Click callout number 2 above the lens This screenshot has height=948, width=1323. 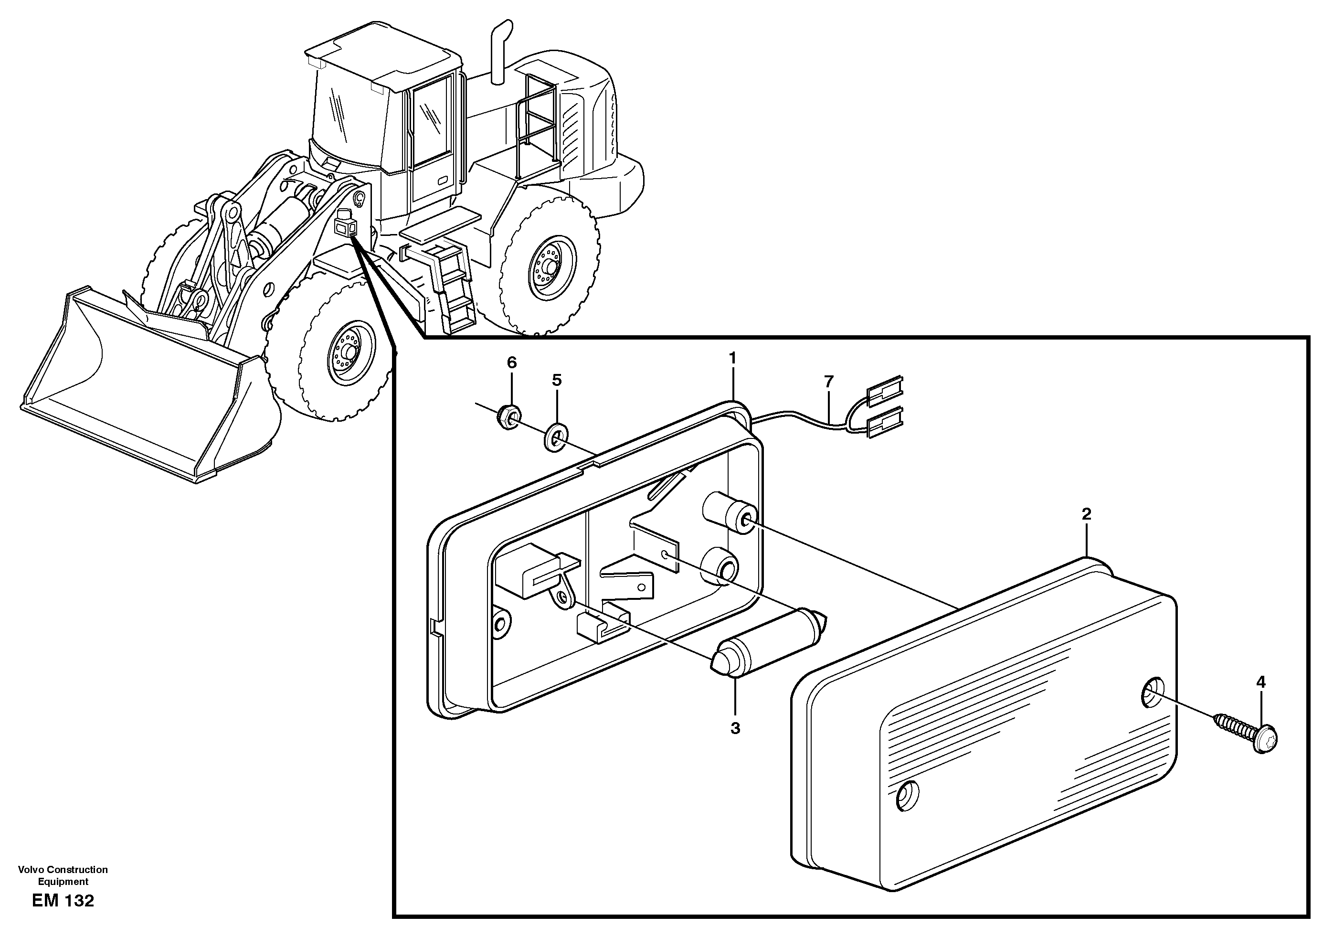(x=1086, y=514)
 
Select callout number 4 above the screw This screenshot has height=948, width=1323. (x=1260, y=682)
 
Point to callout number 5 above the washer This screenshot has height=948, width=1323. (x=557, y=380)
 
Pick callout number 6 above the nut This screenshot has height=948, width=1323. (x=512, y=362)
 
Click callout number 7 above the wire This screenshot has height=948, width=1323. (x=829, y=382)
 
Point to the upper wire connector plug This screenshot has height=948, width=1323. (x=885, y=390)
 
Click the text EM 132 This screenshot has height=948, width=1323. (x=63, y=901)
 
